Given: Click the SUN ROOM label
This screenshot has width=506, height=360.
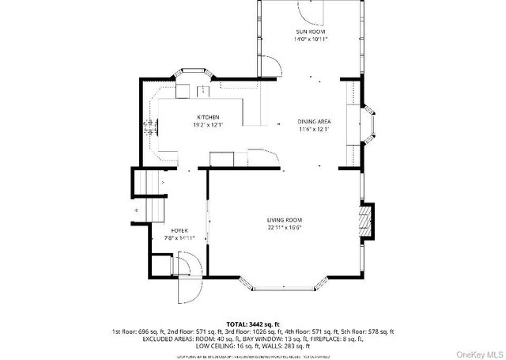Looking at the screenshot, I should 311,31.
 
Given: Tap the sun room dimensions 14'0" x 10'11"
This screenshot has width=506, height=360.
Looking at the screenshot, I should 311,38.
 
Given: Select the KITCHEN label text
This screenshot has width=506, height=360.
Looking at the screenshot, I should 197,117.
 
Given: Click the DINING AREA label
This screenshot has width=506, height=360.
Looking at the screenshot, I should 314,121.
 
